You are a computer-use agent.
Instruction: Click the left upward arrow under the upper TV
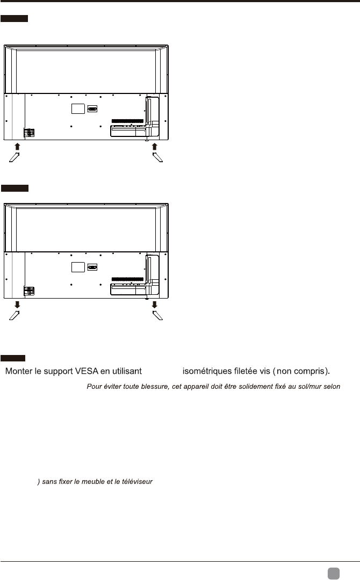[17, 146]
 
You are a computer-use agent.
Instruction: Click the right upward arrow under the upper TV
[155, 146]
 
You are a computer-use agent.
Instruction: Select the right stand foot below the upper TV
[157, 157]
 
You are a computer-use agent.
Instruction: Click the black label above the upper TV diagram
[14, 19]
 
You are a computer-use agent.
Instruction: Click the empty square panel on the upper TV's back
[78, 108]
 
